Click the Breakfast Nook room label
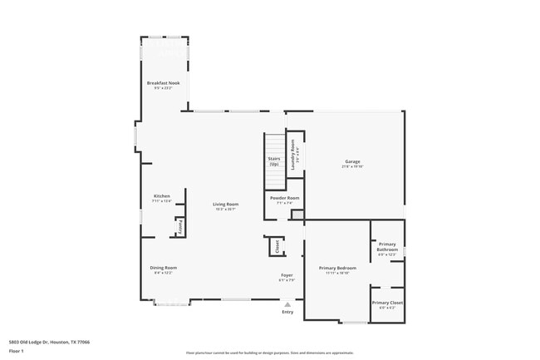[163, 83]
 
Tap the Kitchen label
[161, 196]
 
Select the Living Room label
[226, 205]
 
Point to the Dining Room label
[163, 268]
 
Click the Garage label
[352, 160]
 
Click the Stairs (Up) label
[273, 160]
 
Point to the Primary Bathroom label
[387, 247]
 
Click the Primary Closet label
[387, 303]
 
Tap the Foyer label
[287, 275]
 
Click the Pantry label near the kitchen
[178, 226]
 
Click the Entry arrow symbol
[287, 304]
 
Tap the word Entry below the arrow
[287, 312]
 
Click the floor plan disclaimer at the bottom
[269, 353]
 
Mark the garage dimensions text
[352, 166]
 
